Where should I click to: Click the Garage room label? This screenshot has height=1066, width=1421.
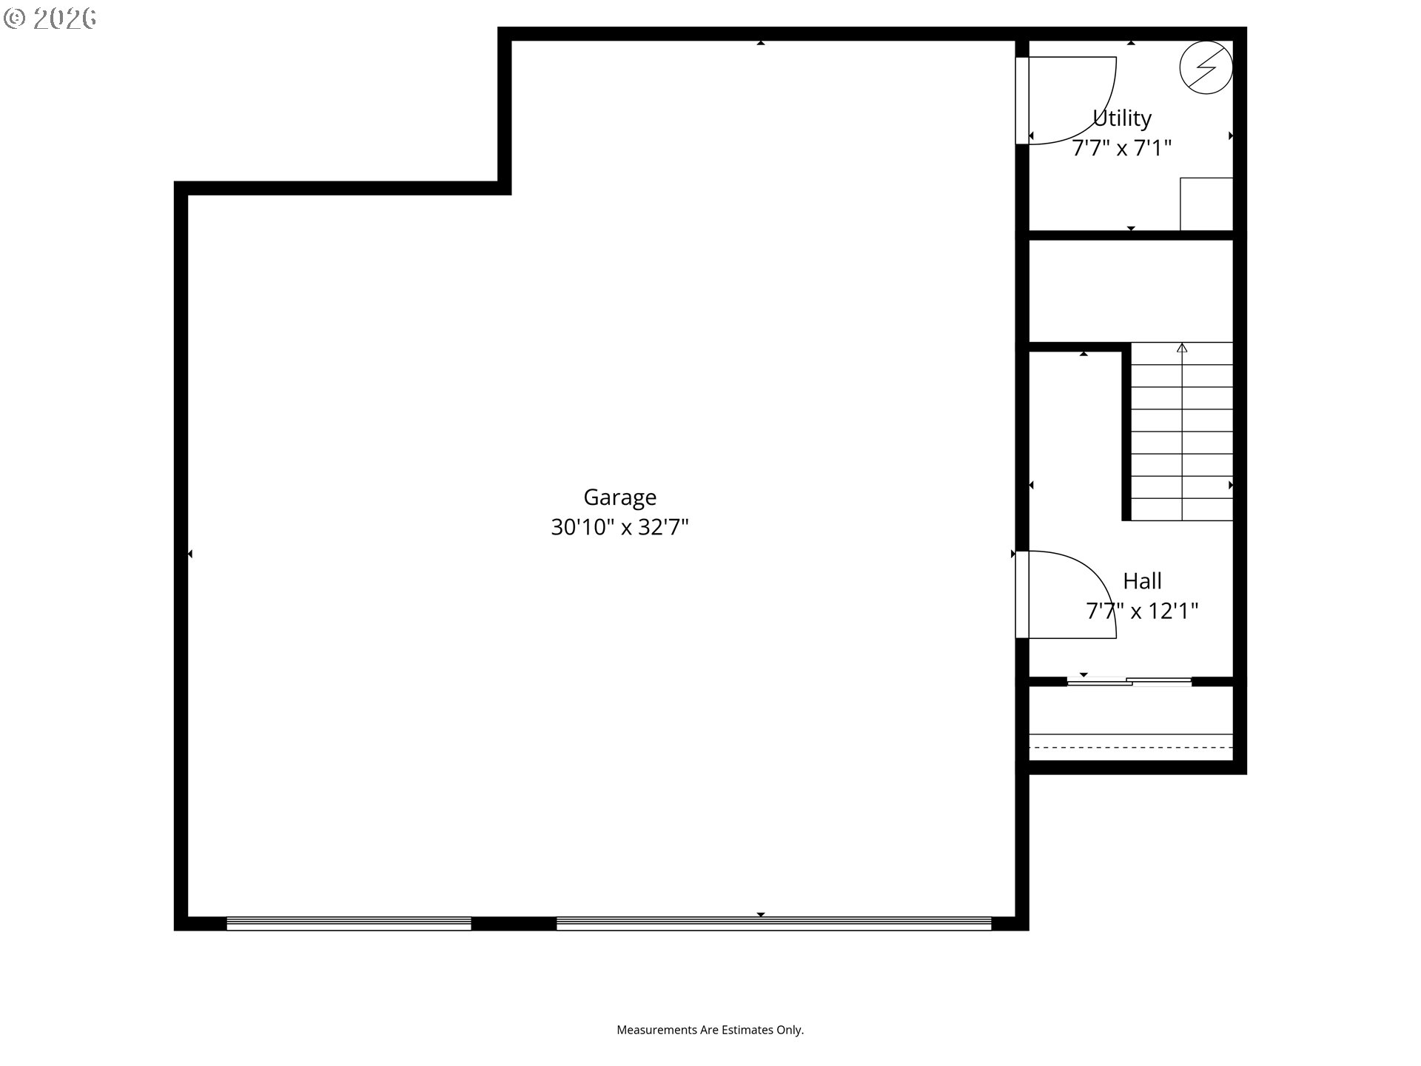[x=619, y=497]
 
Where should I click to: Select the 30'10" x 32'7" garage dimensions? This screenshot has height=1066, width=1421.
[x=619, y=527]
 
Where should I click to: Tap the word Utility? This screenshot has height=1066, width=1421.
[x=1122, y=118]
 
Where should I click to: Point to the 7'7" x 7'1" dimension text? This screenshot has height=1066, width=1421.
[x=1122, y=148]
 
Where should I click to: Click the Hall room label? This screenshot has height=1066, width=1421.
[x=1142, y=581]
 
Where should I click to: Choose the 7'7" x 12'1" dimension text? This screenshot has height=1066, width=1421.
[x=1142, y=611]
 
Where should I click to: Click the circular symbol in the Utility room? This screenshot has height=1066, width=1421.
[x=1206, y=67]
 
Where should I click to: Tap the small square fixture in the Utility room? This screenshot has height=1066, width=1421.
[x=1206, y=204]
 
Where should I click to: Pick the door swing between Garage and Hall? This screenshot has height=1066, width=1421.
[x=1103, y=585]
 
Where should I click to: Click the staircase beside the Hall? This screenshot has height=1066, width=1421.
[x=1182, y=432]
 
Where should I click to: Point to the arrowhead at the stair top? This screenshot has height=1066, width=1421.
[x=1182, y=347]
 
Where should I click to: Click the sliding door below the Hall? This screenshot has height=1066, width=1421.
[x=1129, y=681]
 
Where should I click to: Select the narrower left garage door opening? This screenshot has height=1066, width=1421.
[x=349, y=923]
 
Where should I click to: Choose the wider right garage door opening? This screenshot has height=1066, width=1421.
[x=773, y=923]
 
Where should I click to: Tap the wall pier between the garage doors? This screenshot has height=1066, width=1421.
[x=514, y=923]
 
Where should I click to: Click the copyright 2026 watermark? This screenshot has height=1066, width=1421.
[x=50, y=19]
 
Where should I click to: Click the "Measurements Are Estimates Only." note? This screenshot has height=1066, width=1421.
[x=710, y=1030]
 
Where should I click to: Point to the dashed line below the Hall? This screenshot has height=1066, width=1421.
[x=1131, y=748]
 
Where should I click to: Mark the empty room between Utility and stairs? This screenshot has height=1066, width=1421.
[x=1131, y=291]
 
